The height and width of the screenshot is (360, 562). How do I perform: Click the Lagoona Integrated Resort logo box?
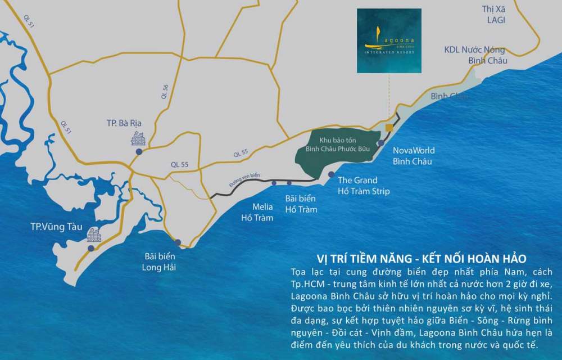coord(389,40)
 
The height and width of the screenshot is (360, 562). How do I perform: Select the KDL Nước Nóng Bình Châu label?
coord(475,55)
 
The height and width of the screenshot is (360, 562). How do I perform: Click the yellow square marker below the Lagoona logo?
coord(389,128)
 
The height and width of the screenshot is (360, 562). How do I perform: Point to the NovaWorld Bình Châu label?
coord(413,156)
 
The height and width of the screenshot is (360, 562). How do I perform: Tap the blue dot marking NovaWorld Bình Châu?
coord(380,143)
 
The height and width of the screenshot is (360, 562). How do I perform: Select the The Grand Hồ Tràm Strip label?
coord(364,186)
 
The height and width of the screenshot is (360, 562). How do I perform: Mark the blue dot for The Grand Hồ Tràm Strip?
coord(332,174)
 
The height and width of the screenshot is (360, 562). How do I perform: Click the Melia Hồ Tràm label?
coord(257,213)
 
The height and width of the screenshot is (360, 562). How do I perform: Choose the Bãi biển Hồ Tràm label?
coord(301,204)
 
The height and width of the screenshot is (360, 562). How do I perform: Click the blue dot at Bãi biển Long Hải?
coord(178,242)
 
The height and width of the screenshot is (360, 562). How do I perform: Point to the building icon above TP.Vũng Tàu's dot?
coord(93,235)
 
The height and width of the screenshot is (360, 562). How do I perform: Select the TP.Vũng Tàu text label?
coord(56,227)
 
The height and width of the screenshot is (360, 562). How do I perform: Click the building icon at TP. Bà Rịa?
coord(138,138)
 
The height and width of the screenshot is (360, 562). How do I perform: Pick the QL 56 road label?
coord(165,92)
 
